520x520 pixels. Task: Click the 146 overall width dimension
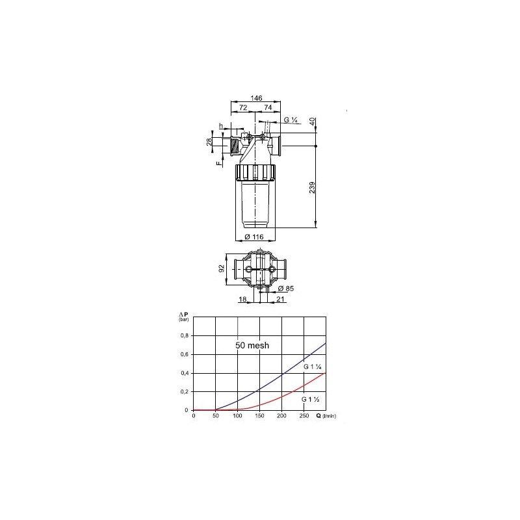coord(256,97)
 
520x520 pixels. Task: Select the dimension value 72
coord(243,107)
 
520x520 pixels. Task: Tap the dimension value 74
coord(268,107)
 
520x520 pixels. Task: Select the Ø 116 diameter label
coord(253,237)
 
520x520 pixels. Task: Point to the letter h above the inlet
coord(221,125)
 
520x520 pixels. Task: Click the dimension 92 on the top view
coord(221,268)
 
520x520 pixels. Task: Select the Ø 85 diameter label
coord(284,289)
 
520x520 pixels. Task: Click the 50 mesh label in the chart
coord(252,346)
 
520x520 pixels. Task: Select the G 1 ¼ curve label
coord(313,367)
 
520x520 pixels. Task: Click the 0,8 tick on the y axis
coord(185,335)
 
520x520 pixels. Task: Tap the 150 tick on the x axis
coord(260,416)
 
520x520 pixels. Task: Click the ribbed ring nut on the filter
coord(256,173)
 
